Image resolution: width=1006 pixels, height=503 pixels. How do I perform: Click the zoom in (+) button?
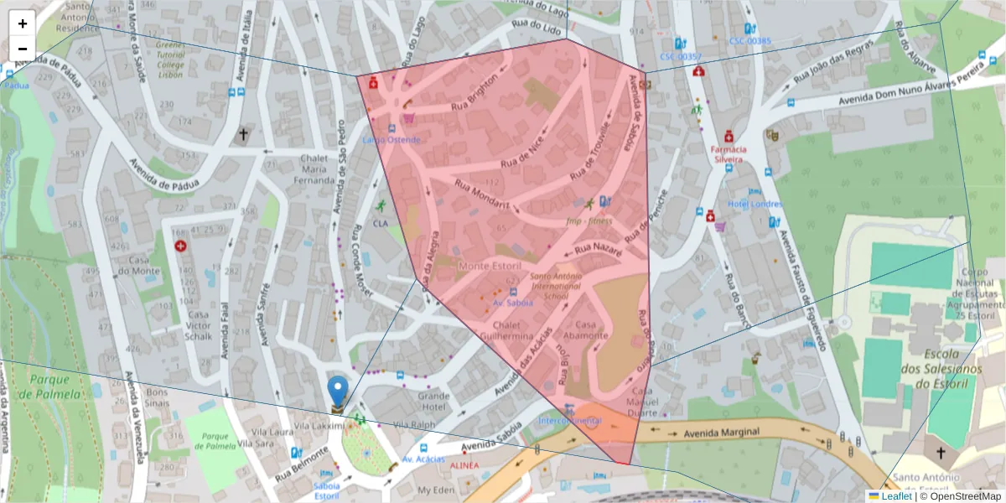[23, 23]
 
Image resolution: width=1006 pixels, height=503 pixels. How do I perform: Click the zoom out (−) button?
[23, 49]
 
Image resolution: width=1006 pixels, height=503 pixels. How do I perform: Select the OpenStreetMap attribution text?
[960, 496]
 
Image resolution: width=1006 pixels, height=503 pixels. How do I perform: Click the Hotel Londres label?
[754, 204]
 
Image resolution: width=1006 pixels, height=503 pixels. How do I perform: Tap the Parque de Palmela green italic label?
[49, 385]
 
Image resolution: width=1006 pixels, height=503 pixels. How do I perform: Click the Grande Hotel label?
[434, 401]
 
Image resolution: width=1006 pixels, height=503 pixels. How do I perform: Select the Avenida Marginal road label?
[722, 433]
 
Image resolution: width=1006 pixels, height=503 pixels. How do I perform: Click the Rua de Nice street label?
[521, 153]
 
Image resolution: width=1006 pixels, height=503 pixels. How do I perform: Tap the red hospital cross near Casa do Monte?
[180, 246]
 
